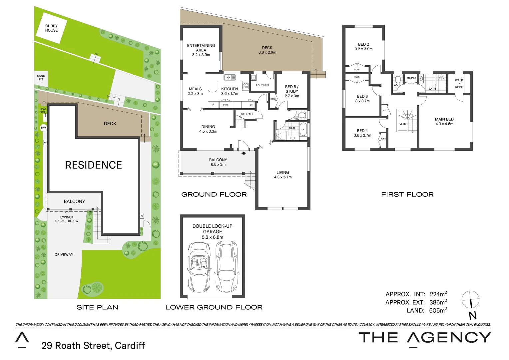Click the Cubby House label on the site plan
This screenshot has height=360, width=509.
[x=51, y=28]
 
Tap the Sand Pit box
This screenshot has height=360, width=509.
[x=41, y=78]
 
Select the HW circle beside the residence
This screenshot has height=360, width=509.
[x=43, y=128]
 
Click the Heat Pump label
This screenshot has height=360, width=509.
[x=43, y=110]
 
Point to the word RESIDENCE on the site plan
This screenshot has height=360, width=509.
[x=93, y=165]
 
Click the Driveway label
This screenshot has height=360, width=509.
[x=64, y=255]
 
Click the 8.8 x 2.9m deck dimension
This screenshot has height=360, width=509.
[x=267, y=52]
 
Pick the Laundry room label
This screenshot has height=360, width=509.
[x=262, y=85]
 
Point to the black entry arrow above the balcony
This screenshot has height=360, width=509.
[x=244, y=153]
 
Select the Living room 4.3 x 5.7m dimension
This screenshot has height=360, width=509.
[x=282, y=177]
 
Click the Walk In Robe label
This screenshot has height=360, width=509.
[x=459, y=84]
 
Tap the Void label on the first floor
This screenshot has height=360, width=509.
[x=402, y=124]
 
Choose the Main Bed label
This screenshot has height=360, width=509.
[x=444, y=119]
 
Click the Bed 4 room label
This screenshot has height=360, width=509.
[x=362, y=131]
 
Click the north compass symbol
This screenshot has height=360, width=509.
[x=471, y=300]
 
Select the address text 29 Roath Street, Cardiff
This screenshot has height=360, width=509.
[x=93, y=346]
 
